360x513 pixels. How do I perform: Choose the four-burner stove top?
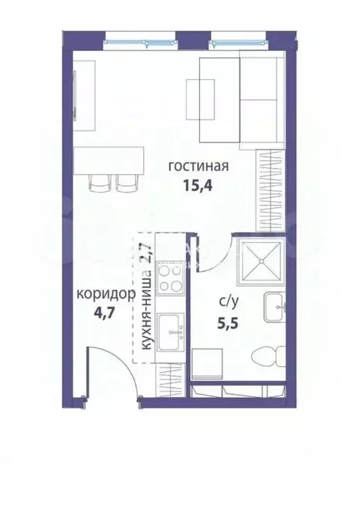170,279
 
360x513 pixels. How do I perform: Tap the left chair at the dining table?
98,182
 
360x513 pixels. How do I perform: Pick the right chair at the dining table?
126,182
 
